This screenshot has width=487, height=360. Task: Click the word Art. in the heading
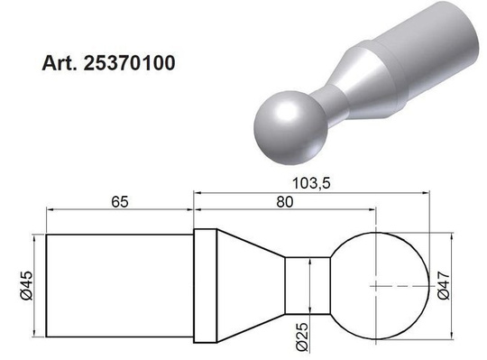pyautogui.click(x=60, y=65)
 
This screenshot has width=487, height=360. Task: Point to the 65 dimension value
pyautogui.click(x=118, y=203)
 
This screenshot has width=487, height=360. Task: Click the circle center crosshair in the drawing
pyautogui.click(x=377, y=284)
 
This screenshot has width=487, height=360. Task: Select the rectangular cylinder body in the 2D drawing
pyautogui.click(x=119, y=286)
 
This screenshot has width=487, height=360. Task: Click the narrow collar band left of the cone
pyautogui.click(x=205, y=286)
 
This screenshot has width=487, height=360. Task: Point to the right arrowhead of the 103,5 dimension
pyautogui.click(x=420, y=191)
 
